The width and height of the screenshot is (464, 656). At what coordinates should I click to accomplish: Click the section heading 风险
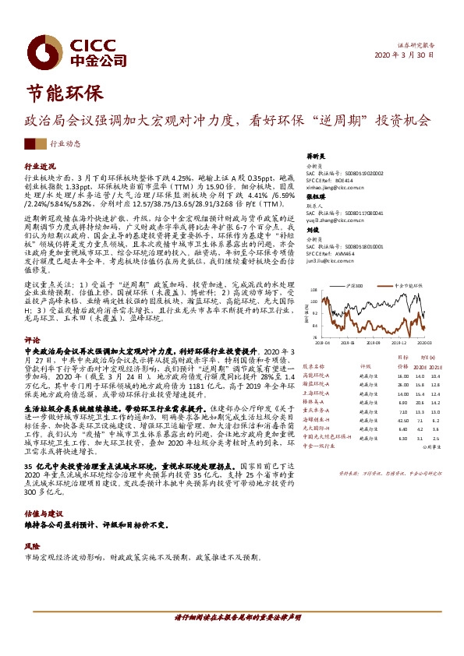pos(31,524)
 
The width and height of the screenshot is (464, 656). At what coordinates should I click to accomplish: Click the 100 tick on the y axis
pos(313,298)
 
